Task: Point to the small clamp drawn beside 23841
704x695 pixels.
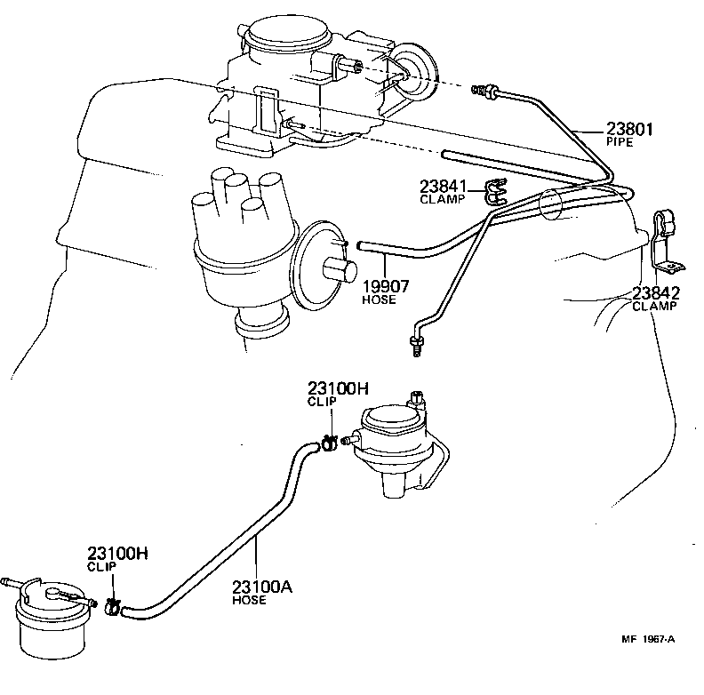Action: point(493,191)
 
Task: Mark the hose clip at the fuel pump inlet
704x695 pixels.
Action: point(328,442)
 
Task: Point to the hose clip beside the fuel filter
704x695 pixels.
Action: point(113,607)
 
